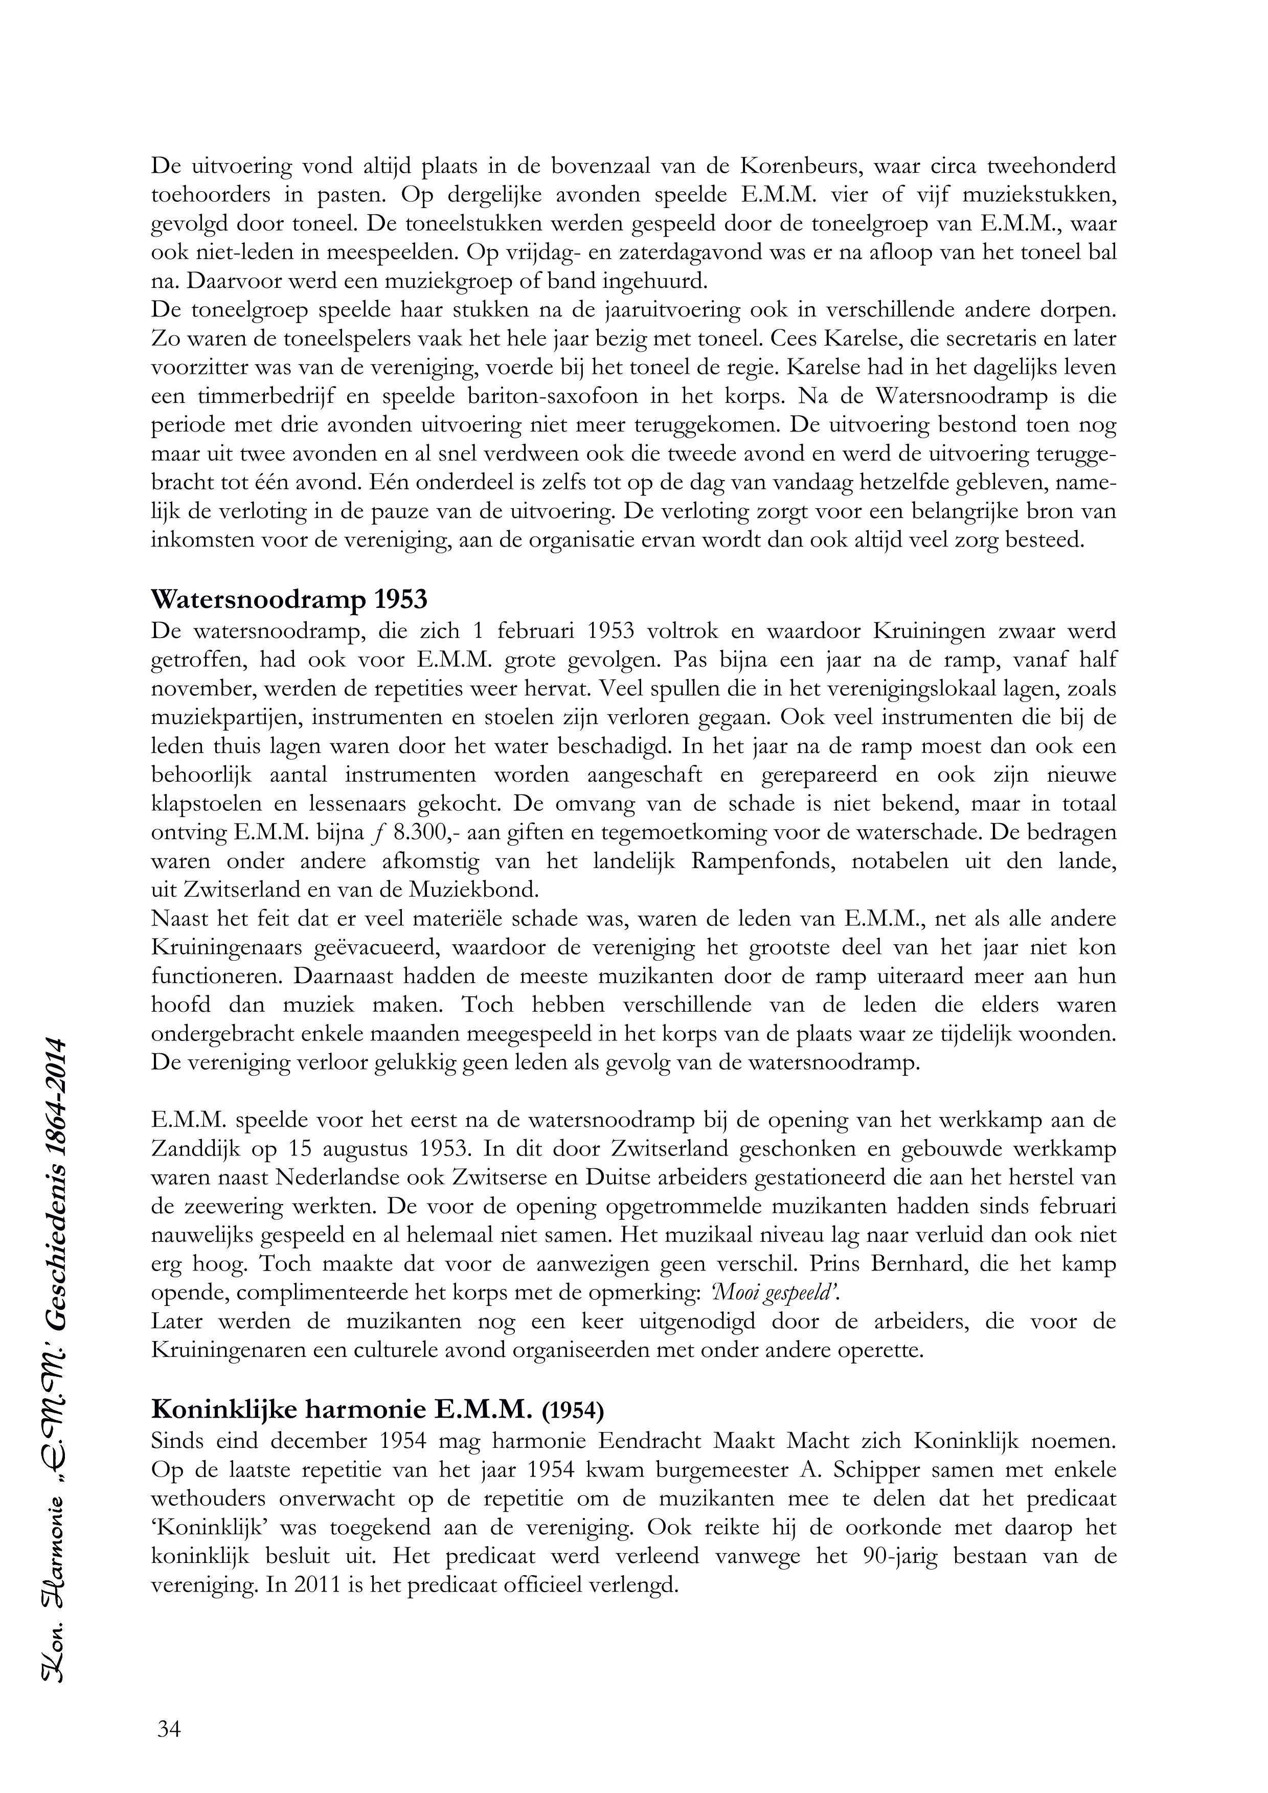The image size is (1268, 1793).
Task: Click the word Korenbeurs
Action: [x=797, y=166]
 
